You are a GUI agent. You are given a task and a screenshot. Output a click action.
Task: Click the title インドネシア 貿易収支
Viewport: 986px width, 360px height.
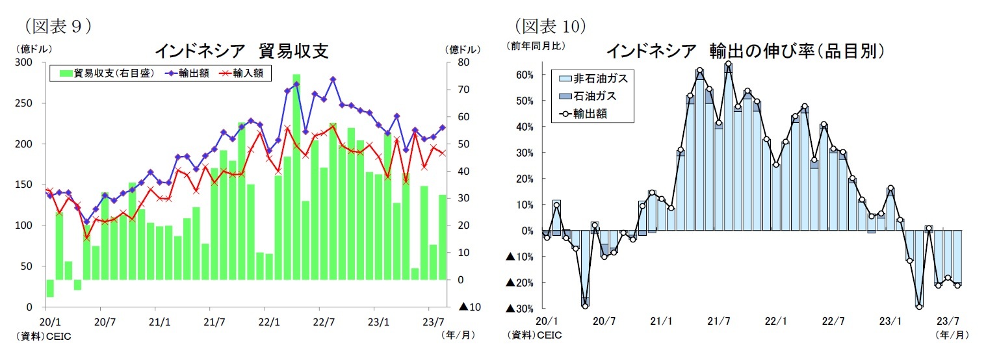(x=240, y=51)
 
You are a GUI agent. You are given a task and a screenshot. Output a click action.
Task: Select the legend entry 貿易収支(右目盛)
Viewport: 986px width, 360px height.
(x=107, y=73)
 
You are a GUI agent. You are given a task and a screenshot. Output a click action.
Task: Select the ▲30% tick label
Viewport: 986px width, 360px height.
(x=521, y=308)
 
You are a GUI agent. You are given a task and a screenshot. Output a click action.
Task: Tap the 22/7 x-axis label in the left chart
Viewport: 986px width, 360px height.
(x=324, y=321)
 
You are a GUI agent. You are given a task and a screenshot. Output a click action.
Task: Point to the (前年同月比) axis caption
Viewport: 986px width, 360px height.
(x=536, y=46)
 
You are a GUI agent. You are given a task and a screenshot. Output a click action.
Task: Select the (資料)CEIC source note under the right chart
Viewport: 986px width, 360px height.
(x=534, y=335)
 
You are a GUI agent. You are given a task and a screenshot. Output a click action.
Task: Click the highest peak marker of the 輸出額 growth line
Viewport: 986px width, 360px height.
(x=728, y=64)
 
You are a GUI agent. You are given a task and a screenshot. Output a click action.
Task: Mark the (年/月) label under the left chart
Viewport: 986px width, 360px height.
(x=458, y=335)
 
